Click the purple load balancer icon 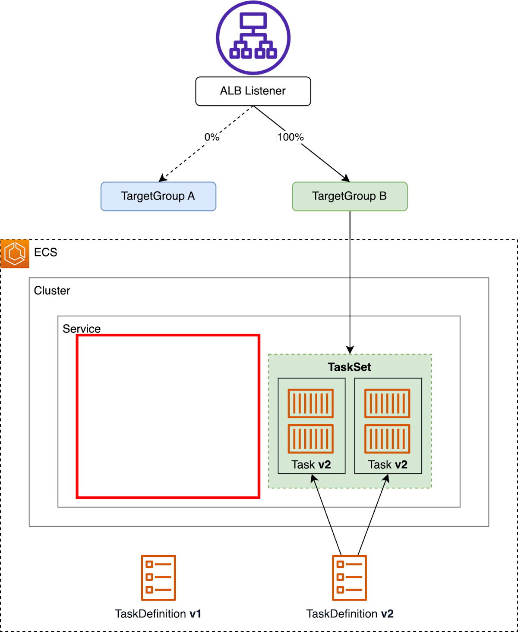[253, 38]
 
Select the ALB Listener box [253, 91]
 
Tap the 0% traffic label [212, 137]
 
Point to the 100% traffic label [290, 137]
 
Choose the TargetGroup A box [158, 196]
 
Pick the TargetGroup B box [350, 196]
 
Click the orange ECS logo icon [15, 253]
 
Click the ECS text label [45, 252]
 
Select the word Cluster [52, 291]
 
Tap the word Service [81, 329]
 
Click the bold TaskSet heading [349, 367]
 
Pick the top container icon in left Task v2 [311, 403]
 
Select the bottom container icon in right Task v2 [387, 439]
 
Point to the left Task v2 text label [311, 464]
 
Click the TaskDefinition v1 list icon [158, 578]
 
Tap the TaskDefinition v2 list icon [349, 578]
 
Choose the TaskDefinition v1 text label [158, 614]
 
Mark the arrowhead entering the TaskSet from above [350, 350]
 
